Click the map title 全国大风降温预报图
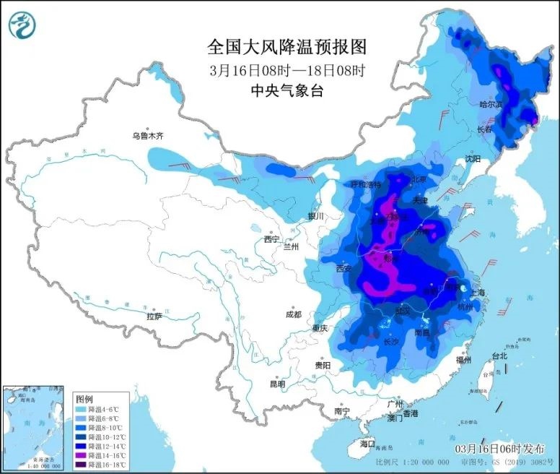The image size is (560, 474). coord(287,48)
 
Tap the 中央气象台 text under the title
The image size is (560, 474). coord(287,91)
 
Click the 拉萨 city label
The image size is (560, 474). coord(154,316)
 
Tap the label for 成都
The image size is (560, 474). coord(293,314)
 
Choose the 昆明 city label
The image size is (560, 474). coord(277,384)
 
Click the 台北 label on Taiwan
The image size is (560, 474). coord(499,355)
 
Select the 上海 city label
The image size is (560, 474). coord(478,293)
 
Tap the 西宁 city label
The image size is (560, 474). coord(271,239)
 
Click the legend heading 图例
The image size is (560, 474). coord(84,399)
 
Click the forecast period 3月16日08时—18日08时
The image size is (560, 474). coord(287,70)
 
